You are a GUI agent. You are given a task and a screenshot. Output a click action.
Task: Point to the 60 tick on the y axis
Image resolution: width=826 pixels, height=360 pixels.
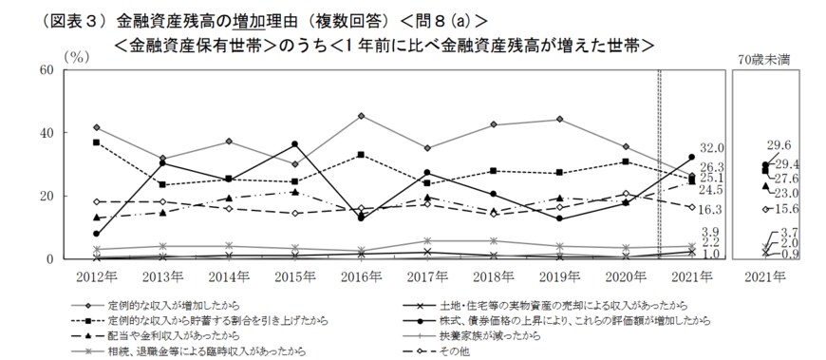tap(46, 70)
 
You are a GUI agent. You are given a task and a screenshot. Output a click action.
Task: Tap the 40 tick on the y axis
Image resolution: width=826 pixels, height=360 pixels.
tap(46, 133)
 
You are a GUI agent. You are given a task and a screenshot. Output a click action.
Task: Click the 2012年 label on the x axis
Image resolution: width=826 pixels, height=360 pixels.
tap(99, 276)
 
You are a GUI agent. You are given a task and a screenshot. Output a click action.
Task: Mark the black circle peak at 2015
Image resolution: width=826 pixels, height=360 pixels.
tap(294, 144)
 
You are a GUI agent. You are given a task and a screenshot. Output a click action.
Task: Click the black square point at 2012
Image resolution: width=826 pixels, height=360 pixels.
tap(97, 142)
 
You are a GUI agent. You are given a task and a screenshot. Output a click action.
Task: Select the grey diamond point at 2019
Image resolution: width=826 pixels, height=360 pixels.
tap(559, 119)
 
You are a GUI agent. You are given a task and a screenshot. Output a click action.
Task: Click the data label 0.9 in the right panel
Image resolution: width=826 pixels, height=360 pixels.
tap(788, 256)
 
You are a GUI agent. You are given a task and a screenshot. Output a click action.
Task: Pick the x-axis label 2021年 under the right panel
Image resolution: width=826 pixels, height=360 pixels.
tap(766, 276)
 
